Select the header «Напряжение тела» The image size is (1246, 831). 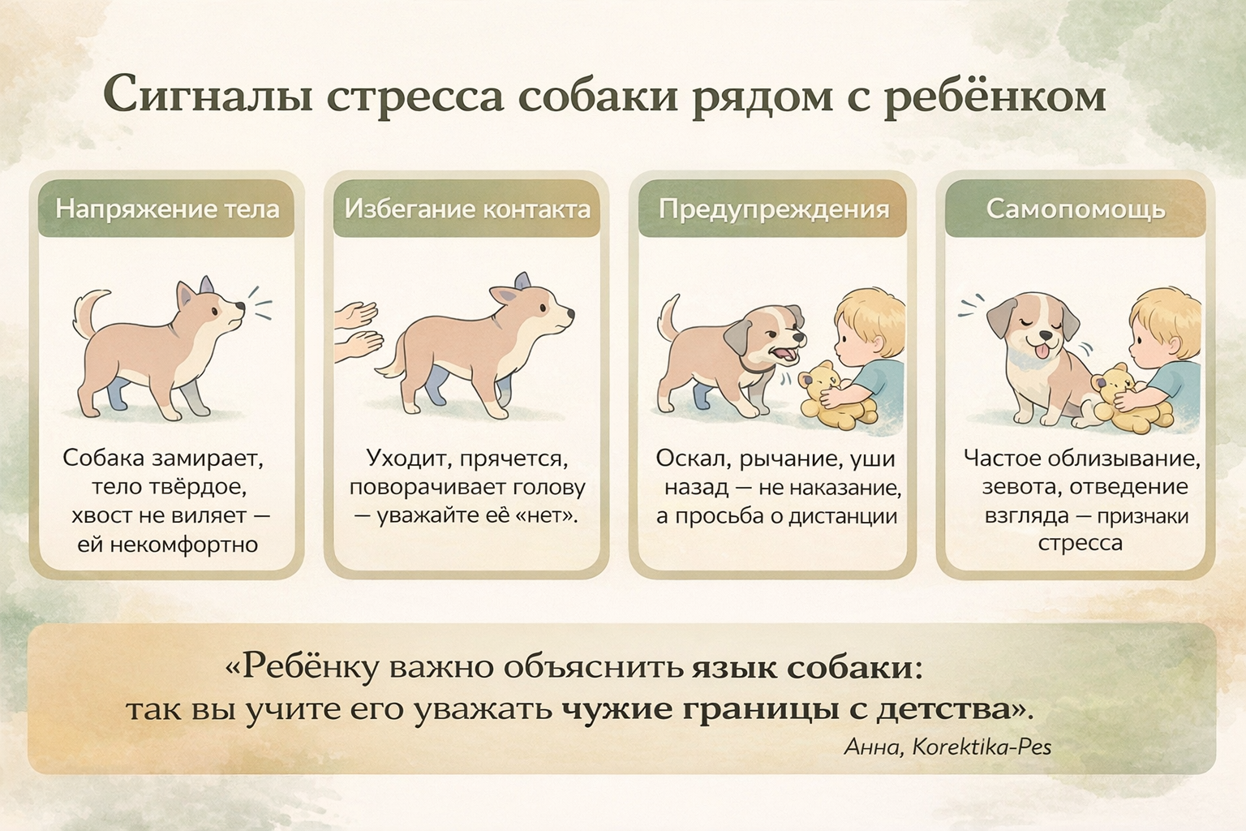(x=167, y=209)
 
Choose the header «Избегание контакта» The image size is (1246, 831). (x=467, y=209)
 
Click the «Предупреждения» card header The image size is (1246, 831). (x=774, y=210)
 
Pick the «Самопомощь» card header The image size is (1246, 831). (x=1076, y=210)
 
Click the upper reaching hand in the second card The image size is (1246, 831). (x=356, y=316)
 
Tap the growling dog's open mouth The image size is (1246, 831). (x=783, y=354)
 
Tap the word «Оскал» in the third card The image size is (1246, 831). (x=690, y=459)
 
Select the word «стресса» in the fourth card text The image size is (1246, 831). (x=1081, y=543)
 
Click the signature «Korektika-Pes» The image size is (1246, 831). (x=982, y=747)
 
